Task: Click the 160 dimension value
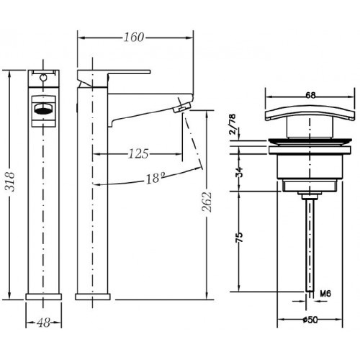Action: coord(134,37)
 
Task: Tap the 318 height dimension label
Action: coord(10,181)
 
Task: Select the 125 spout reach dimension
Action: coord(138,153)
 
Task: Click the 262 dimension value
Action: coord(207,202)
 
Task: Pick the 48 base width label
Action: coord(44,323)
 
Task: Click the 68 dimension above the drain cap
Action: coord(310,96)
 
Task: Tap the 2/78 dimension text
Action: coord(233,124)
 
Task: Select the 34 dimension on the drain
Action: coord(239,172)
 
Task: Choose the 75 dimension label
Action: coord(239,238)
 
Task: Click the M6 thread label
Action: coord(325,293)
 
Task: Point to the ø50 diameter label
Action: coord(310,320)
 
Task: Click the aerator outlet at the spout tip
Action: coord(182,107)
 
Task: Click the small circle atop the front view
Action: coord(43,77)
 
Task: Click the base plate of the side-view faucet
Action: coord(93,297)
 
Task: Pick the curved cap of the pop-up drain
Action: coord(310,114)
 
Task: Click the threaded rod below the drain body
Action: coord(310,245)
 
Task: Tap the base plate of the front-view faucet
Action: coord(44,297)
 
